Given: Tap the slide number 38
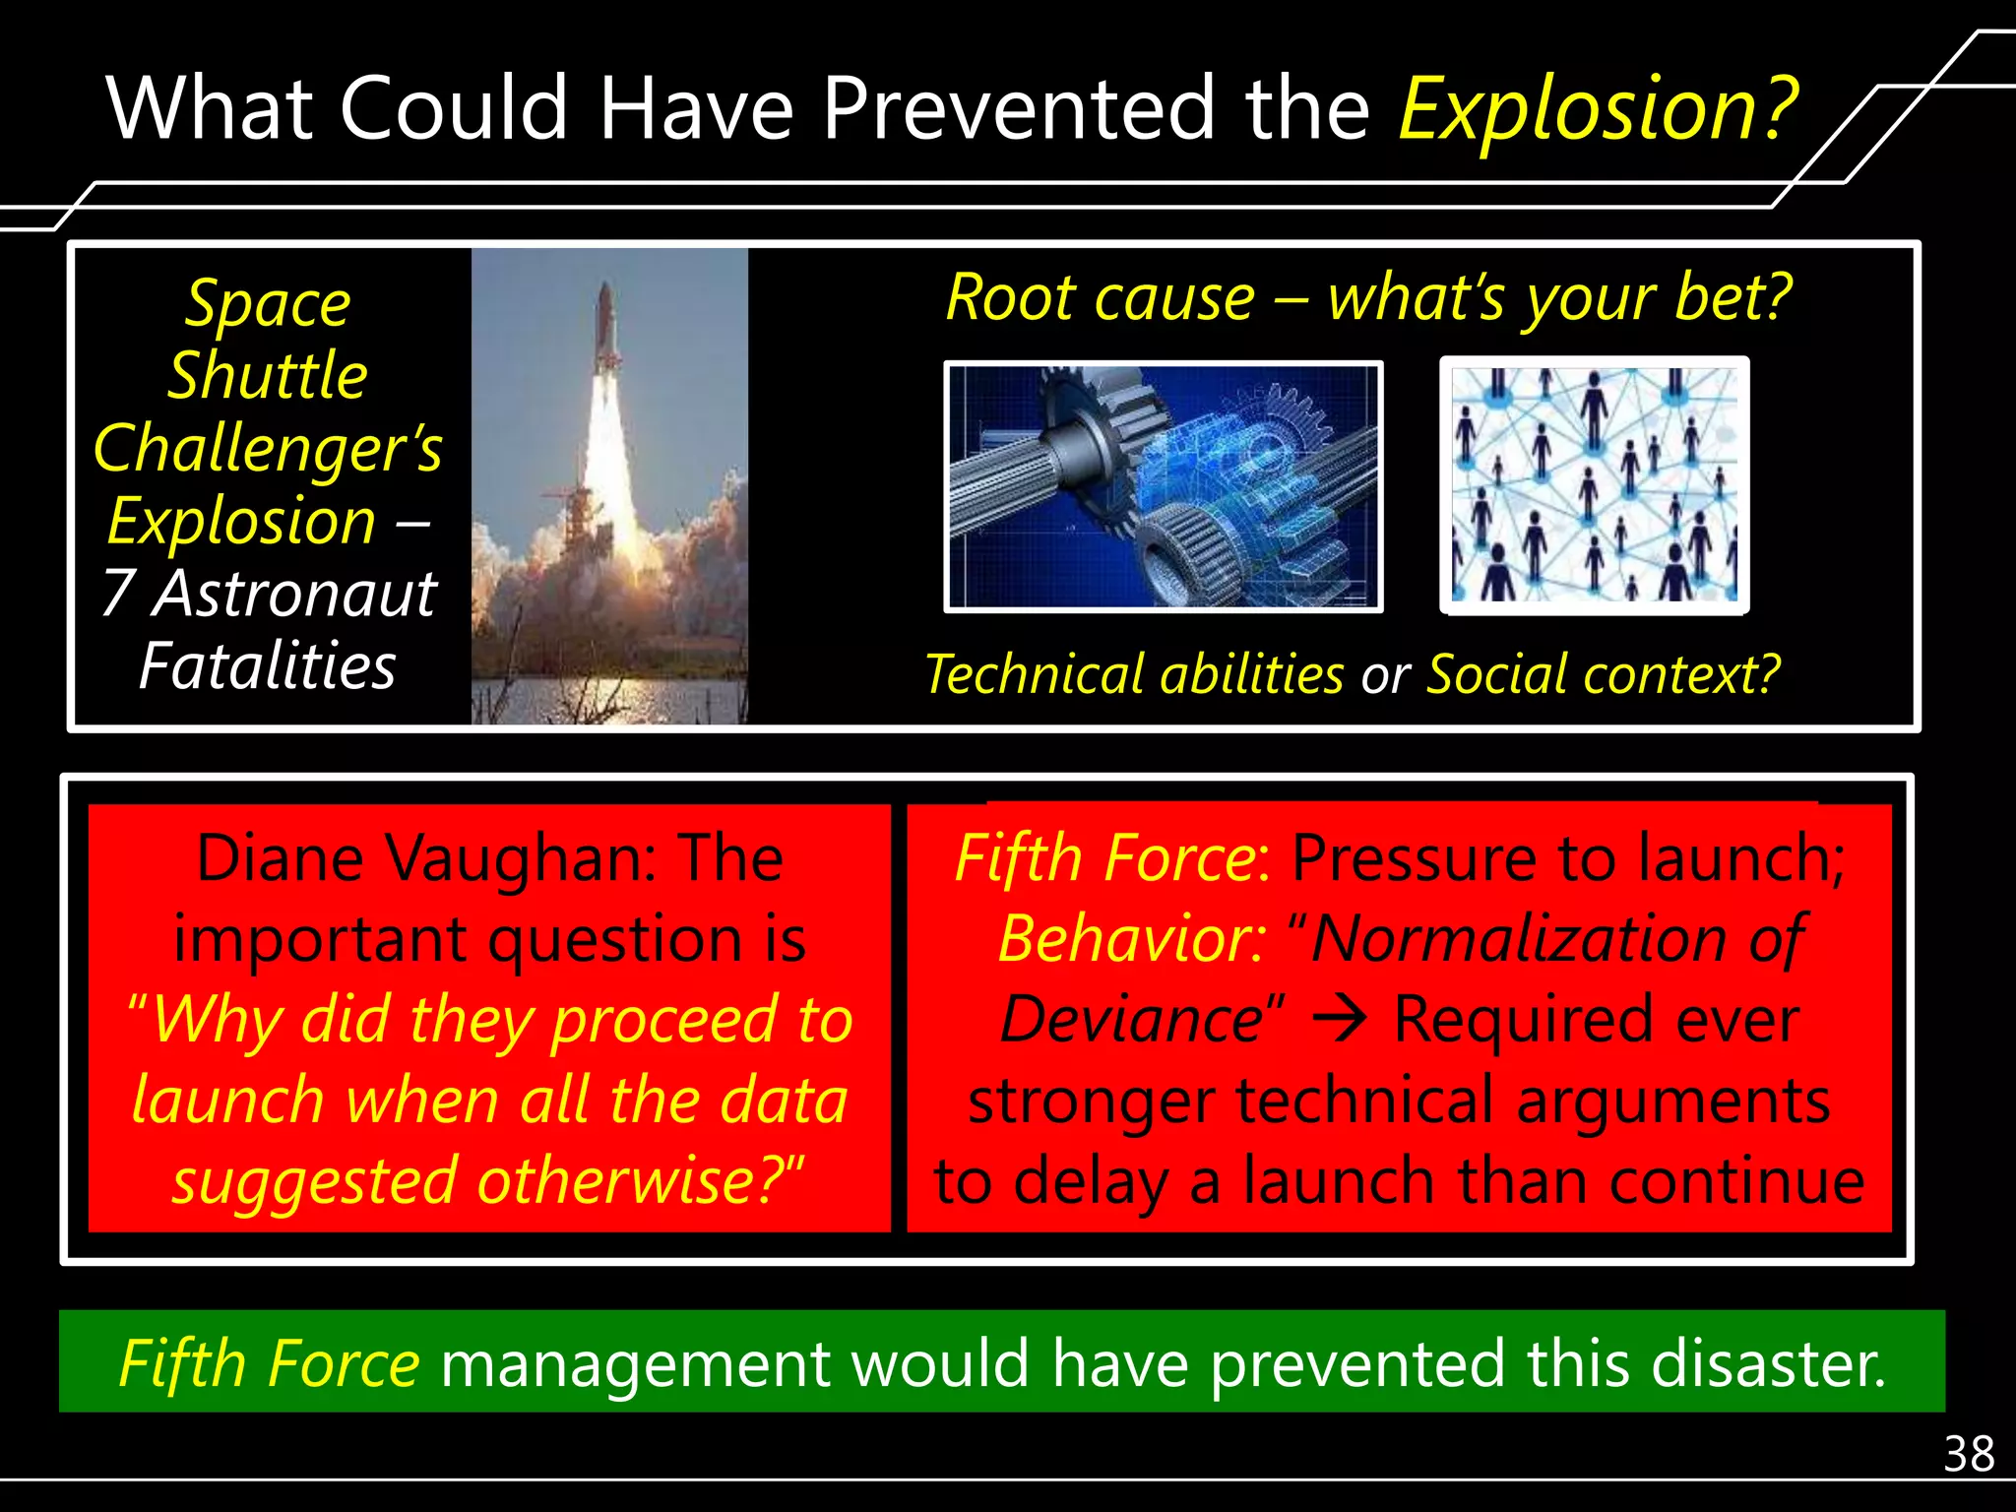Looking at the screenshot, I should (1968, 1454).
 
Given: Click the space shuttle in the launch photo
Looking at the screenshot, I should (606, 335).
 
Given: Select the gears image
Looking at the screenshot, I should (1163, 486).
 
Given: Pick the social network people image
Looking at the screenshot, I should (1594, 485).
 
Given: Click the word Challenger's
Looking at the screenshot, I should (268, 449).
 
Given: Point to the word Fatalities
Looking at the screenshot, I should (268, 666).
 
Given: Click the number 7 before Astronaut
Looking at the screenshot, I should (118, 594).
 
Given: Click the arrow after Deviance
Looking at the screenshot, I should (1342, 1019).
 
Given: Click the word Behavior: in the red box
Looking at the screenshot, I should (1132, 939).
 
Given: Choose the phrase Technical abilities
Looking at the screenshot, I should (1134, 675).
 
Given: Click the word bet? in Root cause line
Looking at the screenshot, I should (1732, 297).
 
